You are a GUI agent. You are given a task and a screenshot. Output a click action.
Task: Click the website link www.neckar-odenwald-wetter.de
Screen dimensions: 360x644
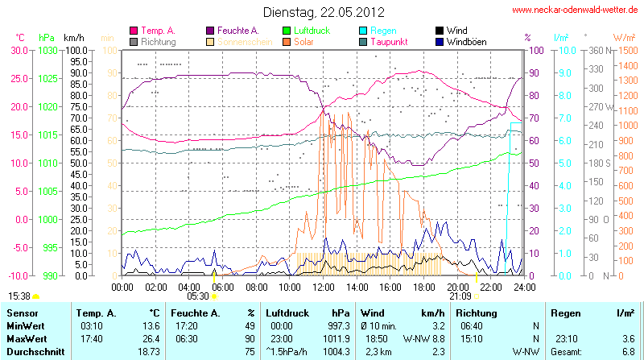575,10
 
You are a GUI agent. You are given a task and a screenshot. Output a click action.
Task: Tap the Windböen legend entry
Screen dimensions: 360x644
466,41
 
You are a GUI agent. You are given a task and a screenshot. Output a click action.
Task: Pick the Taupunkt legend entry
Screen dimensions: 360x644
389,41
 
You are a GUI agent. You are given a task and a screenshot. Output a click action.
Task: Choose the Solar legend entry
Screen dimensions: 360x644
303,41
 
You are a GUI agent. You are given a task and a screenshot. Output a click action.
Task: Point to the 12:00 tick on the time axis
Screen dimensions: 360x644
324,287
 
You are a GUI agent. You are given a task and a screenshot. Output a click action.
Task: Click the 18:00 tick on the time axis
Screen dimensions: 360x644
424,287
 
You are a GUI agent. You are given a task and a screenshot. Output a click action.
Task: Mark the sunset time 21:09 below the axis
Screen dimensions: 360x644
460,296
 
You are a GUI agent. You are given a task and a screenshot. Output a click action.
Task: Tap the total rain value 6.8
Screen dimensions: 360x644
628,352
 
